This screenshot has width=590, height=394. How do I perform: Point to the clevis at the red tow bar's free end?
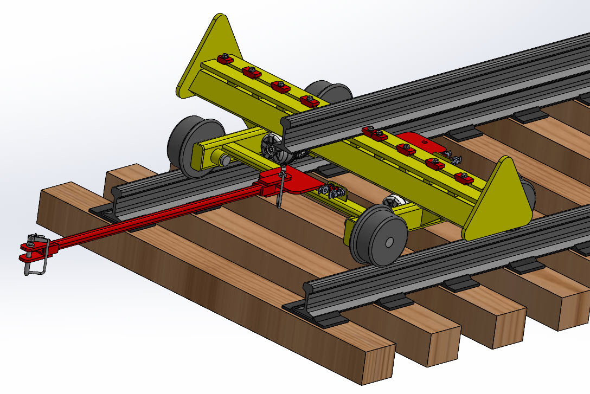[x=34, y=253]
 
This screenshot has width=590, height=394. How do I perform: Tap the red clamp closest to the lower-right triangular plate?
[x=461, y=177]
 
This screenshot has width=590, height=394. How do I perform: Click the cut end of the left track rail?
[x=123, y=195]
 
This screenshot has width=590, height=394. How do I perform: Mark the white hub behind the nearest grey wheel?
[x=393, y=203]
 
